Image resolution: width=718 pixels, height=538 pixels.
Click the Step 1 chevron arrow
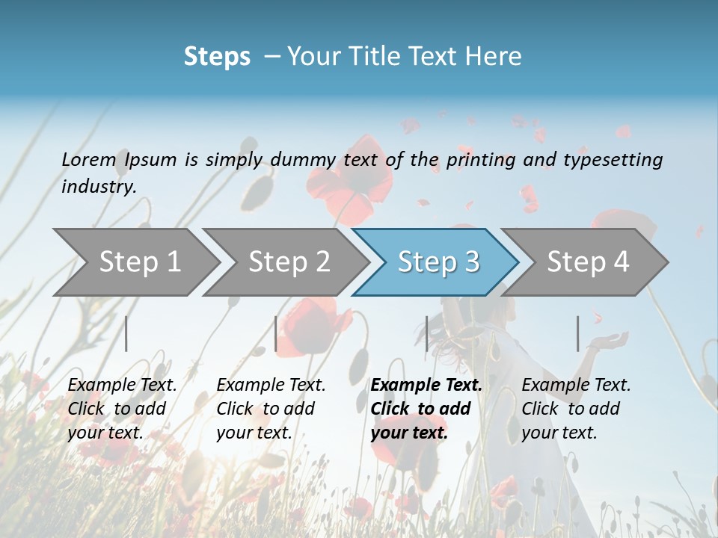pyautogui.click(x=138, y=262)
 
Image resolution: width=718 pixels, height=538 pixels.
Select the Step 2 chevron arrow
pyautogui.click(x=288, y=262)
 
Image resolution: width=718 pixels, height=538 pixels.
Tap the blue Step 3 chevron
pyautogui.click(x=438, y=262)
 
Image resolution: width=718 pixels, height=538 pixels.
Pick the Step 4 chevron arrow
pyautogui.click(x=587, y=262)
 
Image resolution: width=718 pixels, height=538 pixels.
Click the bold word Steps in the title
pyautogui.click(x=217, y=56)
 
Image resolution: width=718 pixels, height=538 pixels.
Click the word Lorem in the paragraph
pyautogui.click(x=88, y=159)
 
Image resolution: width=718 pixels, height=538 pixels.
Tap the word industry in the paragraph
pyautogui.click(x=97, y=187)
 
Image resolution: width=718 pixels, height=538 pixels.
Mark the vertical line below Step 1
pyautogui.click(x=126, y=333)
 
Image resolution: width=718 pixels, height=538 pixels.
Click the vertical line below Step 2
pyautogui.click(x=276, y=333)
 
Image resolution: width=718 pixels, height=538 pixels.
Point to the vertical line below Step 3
pyautogui.click(x=427, y=333)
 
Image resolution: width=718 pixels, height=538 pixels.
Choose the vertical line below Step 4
pyautogui.click(x=578, y=333)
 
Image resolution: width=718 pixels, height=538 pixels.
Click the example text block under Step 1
pyautogui.click(x=122, y=409)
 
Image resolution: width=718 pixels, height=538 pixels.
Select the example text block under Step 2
pyautogui.click(x=271, y=409)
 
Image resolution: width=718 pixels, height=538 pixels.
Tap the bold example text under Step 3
pyautogui.click(x=426, y=409)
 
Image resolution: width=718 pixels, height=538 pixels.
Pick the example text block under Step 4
pyautogui.click(x=576, y=409)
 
